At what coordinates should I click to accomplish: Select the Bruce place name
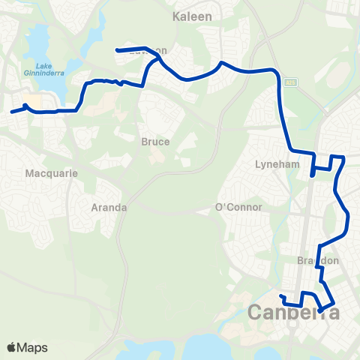[x=154, y=141]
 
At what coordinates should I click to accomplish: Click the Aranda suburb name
[x=108, y=207]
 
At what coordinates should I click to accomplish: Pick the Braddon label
[x=319, y=260]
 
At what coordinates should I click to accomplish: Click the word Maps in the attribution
[x=34, y=347]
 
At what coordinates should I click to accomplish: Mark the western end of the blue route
[x=11, y=113]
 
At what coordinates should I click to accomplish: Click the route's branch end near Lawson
[x=117, y=50]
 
